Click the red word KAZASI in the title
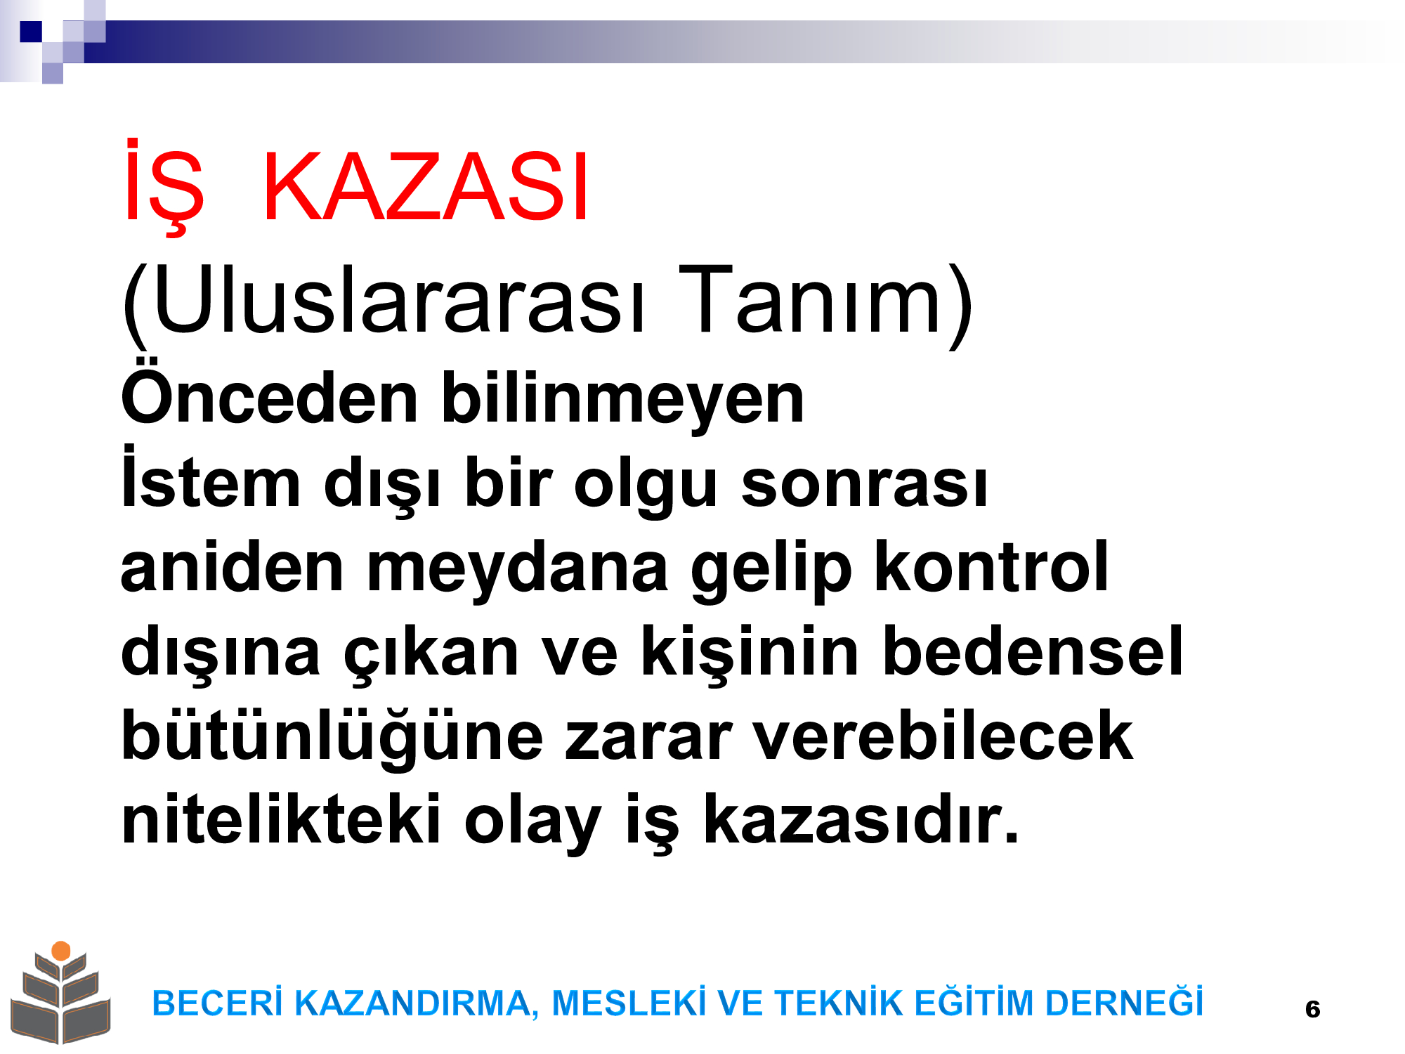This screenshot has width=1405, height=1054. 426,188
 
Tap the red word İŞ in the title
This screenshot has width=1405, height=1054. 164,188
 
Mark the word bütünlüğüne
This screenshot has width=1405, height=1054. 332,738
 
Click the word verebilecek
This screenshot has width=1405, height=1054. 943,735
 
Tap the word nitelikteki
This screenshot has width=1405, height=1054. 281,819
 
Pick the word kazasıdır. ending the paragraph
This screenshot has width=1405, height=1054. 861,819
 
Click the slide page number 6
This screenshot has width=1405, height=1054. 1312,1010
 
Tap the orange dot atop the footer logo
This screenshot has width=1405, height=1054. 61,951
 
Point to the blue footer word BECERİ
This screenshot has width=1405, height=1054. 218,1002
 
